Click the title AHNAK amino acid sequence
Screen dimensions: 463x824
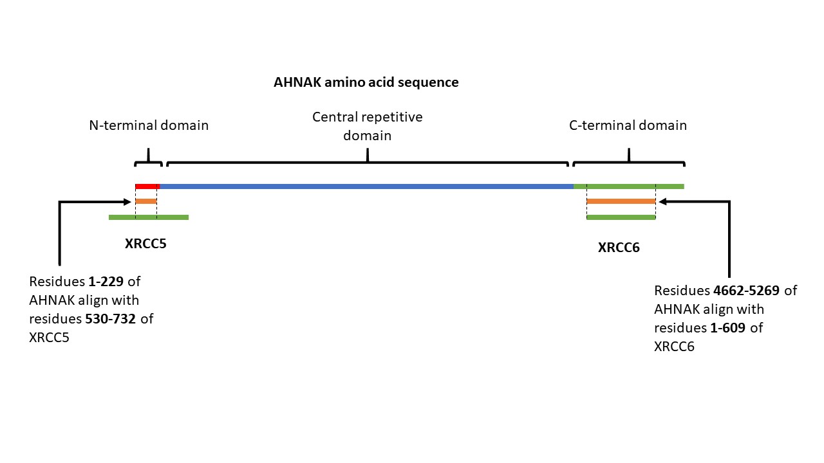coord(366,82)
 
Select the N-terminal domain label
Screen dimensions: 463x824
coord(149,125)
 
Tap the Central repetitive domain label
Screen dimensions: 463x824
coord(368,126)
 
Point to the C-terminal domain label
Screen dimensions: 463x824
coord(628,125)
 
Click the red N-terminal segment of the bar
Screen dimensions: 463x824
coord(147,186)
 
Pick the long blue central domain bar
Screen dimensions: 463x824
coord(367,186)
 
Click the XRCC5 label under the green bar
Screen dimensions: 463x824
coord(145,244)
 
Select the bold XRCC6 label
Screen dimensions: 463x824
coord(619,248)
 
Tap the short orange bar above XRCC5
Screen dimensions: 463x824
coord(146,201)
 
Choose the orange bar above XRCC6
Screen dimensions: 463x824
coord(621,201)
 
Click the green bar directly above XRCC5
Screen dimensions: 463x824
coord(149,217)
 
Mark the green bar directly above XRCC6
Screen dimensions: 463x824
coord(621,217)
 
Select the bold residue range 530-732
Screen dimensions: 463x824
coord(113,319)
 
